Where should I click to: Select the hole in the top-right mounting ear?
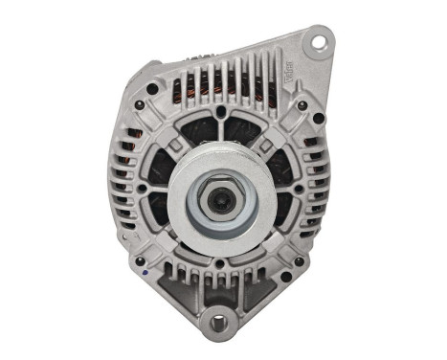(318, 42)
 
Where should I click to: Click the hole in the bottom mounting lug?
(218, 325)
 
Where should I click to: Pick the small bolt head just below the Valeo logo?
(302, 104)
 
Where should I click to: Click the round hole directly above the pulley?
(222, 113)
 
